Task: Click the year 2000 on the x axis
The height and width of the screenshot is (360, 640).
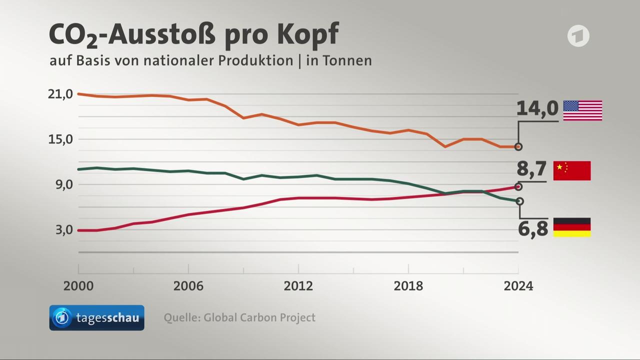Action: click(x=78, y=286)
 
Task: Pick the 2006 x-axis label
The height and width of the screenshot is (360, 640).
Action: click(x=188, y=286)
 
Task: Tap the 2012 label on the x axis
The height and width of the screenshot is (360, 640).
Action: click(x=298, y=286)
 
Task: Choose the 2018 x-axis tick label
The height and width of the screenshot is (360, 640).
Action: click(x=408, y=286)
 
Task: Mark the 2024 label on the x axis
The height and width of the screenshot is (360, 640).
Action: click(x=518, y=286)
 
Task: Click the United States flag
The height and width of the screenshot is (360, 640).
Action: click(x=582, y=110)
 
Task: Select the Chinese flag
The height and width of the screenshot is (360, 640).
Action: click(x=572, y=170)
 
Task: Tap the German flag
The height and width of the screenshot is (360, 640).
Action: click(x=572, y=227)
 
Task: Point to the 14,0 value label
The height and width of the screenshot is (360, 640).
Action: click(x=537, y=108)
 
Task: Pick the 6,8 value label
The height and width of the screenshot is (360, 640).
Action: click(x=533, y=229)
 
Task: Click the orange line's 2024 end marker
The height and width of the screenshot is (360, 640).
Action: click(x=518, y=146)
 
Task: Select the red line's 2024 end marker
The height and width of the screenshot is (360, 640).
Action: click(x=518, y=186)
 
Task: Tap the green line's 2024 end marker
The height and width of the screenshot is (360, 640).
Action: click(x=519, y=201)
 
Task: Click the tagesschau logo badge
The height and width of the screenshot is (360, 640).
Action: click(x=96, y=318)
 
